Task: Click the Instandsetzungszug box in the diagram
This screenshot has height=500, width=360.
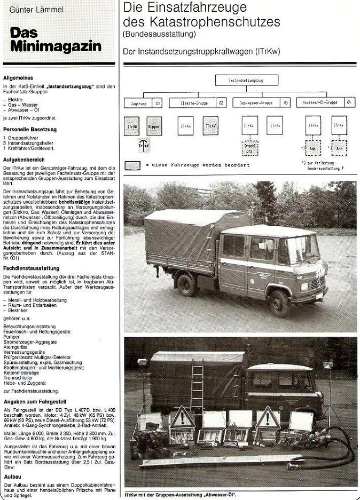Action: click(x=246, y=81)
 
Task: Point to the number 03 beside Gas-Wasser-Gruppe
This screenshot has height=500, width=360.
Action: click(x=286, y=102)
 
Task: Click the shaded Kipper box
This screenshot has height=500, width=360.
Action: click(x=154, y=126)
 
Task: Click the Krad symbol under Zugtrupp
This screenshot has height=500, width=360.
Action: click(x=144, y=145)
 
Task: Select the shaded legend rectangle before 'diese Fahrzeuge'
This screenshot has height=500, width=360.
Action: click(x=132, y=165)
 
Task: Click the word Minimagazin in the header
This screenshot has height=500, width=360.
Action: click(x=56, y=46)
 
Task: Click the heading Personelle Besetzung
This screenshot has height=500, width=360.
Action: click(x=30, y=130)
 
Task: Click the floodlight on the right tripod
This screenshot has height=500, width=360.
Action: click(x=327, y=366)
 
